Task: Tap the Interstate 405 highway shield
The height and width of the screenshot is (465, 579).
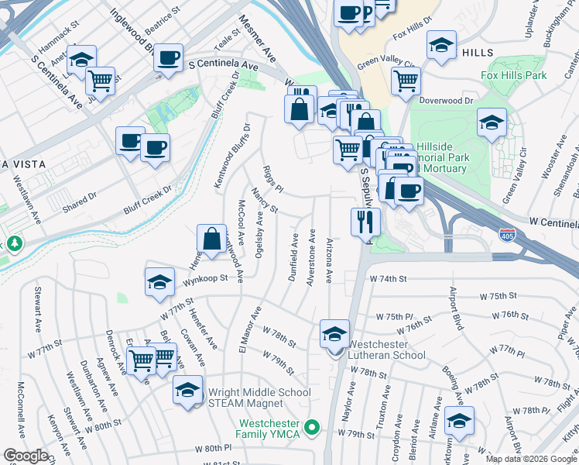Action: [x=507, y=234]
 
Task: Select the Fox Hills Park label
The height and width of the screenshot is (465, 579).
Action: [x=513, y=75]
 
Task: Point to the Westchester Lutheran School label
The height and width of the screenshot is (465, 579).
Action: [x=386, y=350]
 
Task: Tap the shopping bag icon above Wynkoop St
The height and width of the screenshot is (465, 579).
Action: [x=211, y=241]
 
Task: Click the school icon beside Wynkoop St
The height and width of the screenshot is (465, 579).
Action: [x=159, y=284]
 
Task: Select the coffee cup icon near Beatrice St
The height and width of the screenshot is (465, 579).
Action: [x=168, y=59]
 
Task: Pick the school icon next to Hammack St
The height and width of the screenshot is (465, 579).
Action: [x=81, y=62]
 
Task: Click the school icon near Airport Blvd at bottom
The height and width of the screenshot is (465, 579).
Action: [x=459, y=423]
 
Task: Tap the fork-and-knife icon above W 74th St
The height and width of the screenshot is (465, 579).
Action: [x=365, y=223]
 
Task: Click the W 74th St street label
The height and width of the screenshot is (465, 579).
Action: [x=389, y=278]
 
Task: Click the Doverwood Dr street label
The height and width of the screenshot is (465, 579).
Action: [x=446, y=101]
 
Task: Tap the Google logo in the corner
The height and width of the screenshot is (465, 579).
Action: [x=26, y=456]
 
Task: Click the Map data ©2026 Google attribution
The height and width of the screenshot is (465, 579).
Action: [x=531, y=459]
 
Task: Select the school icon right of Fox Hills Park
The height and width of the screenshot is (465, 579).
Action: [x=492, y=123]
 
